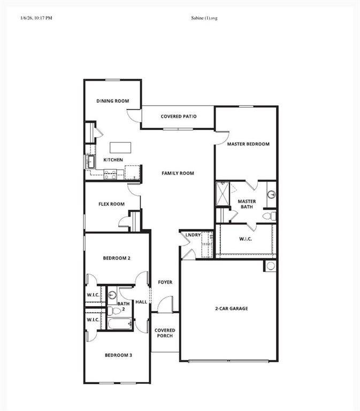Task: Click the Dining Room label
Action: coord(113,101)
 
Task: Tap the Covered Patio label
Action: coord(179,116)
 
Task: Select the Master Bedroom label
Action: coord(248,144)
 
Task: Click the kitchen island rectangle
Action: coord(120,147)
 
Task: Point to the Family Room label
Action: coord(178,173)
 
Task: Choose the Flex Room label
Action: coord(111,204)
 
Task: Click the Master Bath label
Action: coord(247,204)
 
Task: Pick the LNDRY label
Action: coord(193,235)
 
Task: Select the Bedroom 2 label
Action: coord(117,258)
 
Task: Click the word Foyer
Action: coord(165,282)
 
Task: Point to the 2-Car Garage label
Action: coord(231,309)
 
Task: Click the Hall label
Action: coord(141,302)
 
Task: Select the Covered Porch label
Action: coord(165,333)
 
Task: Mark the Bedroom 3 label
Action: coord(118,355)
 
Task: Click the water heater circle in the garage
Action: coord(271,266)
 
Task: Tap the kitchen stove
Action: coord(110,173)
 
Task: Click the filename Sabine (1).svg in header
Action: coord(204,18)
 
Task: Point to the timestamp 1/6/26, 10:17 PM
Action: coord(36,18)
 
